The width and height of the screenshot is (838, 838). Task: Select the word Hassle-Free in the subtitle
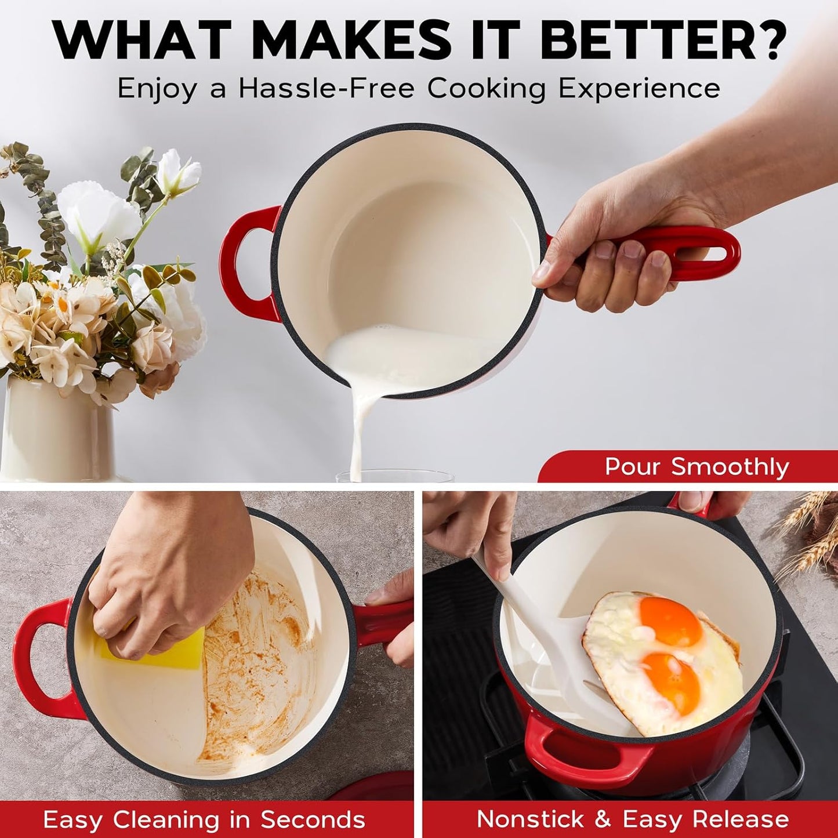click(326, 88)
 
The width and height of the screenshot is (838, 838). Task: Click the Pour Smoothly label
click(696, 467)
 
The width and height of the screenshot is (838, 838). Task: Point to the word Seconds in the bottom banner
click(313, 808)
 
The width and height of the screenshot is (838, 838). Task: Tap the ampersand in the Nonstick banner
click(603, 808)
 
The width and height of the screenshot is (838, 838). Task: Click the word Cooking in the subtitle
click(487, 89)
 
